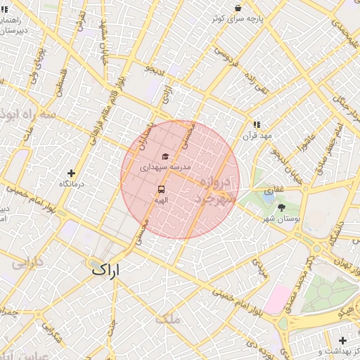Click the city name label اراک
[x=105, y=269]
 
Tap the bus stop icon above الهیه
[x=162, y=190]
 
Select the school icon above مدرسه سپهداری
[x=165, y=157]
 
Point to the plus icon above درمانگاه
[x=71, y=173]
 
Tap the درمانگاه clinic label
[x=71, y=184]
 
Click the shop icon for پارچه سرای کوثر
[x=238, y=8]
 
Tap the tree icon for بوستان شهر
[x=282, y=207]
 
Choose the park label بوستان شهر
[x=282, y=219]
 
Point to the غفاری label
[x=274, y=191]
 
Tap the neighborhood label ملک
[x=170, y=319]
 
